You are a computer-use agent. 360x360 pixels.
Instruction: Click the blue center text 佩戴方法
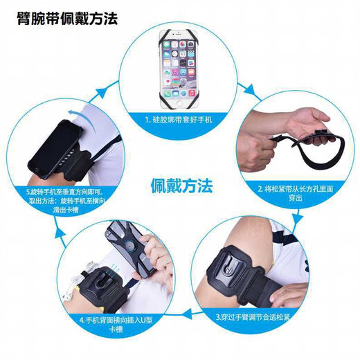tap(182, 186)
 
